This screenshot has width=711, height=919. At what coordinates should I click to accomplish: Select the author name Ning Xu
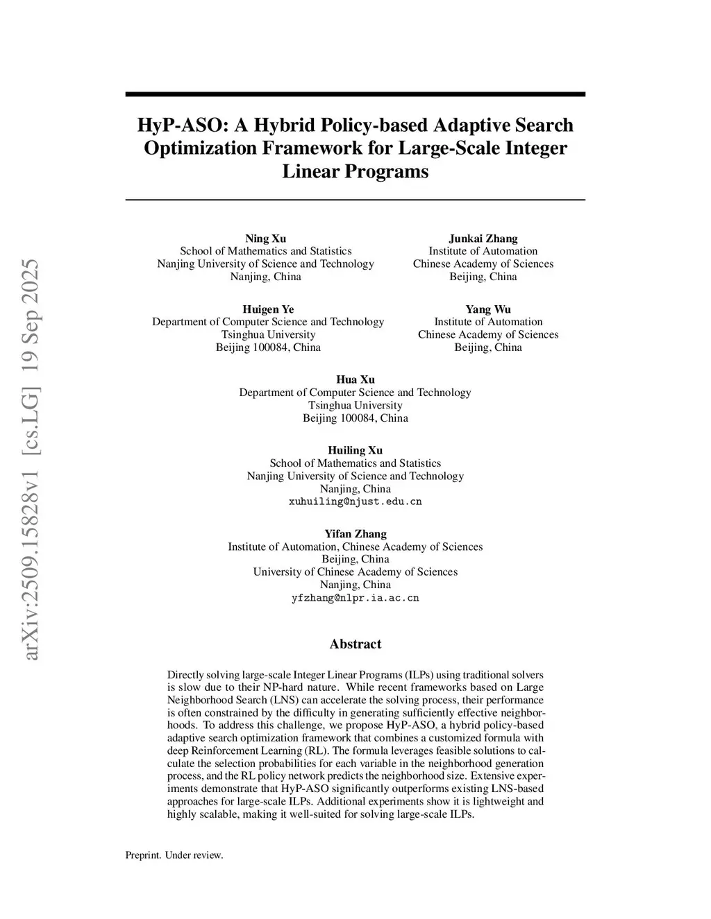(x=265, y=239)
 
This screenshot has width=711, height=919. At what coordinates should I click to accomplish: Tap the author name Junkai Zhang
(x=483, y=239)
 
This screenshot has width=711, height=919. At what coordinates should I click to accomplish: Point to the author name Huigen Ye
(x=268, y=309)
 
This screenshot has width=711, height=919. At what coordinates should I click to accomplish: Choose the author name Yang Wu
(x=488, y=309)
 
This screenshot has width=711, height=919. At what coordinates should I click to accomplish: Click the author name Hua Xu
(x=355, y=379)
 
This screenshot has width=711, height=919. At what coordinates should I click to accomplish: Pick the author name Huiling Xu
(x=355, y=450)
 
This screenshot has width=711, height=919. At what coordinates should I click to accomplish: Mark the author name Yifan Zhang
(x=355, y=534)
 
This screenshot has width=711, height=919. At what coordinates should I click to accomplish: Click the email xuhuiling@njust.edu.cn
(x=355, y=501)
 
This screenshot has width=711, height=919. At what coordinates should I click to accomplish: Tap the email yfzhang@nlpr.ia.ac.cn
(x=355, y=598)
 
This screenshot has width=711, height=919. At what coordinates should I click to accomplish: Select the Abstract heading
(x=355, y=644)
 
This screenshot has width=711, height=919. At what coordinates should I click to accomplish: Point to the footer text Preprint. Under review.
(x=174, y=855)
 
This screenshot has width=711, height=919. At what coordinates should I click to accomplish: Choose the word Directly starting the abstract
(x=184, y=675)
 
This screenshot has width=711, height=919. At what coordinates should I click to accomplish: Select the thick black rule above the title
(x=355, y=94)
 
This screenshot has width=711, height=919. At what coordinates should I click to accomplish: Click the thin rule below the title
(x=355, y=200)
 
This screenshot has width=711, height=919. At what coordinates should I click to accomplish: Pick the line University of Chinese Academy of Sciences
(x=355, y=572)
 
